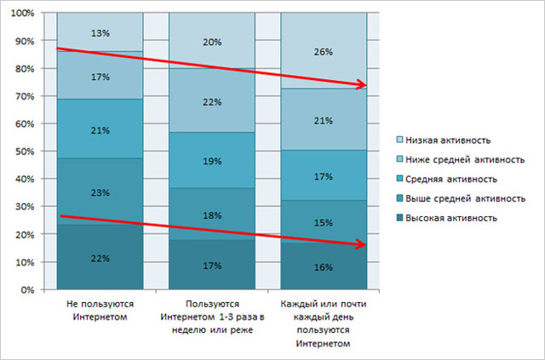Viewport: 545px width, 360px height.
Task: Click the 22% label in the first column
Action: pos(100,259)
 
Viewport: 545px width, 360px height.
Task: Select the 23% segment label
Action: pos(100,193)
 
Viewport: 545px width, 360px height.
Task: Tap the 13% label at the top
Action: pos(100,33)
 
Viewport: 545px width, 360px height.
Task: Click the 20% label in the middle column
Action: pos(212,41)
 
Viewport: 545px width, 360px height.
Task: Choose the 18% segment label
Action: pos(212,217)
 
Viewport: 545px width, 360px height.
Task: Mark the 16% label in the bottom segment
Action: pos(324,266)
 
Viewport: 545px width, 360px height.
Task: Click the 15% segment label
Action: pos(324,223)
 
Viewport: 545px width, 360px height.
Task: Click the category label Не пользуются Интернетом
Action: pos(100,310)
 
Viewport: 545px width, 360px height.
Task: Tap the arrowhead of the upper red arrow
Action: pos(364,85)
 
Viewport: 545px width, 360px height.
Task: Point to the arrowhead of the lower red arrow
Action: pos(364,245)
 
